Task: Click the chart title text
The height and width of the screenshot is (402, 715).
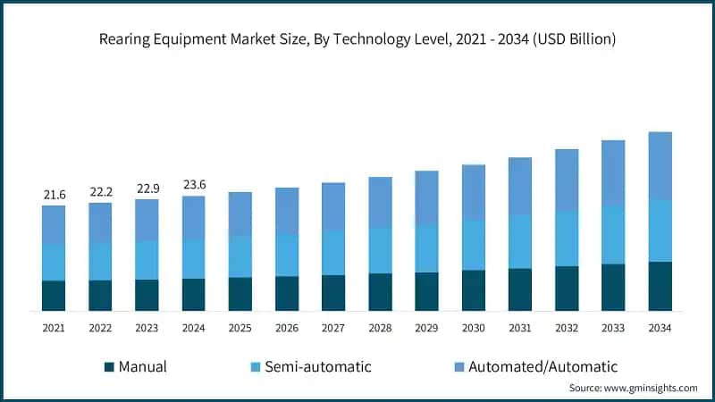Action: point(357,38)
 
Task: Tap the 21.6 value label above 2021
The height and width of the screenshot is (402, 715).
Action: point(54,194)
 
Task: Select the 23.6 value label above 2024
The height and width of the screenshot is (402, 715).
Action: point(194,185)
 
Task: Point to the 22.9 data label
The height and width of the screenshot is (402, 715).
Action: point(147,188)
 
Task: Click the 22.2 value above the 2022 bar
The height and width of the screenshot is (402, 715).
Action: point(100,191)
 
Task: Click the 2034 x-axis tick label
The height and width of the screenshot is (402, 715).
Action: point(660,328)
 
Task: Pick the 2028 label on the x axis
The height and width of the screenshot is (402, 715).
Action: point(380,328)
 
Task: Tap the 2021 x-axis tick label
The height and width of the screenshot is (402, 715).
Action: point(54,328)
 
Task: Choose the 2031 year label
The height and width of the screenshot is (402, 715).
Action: point(519,328)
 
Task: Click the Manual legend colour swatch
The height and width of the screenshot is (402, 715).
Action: point(110,366)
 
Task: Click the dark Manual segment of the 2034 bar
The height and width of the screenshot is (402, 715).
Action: point(660,286)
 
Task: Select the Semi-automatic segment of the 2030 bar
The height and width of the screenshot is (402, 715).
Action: point(473,245)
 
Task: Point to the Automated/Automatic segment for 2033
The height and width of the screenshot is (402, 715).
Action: point(613,172)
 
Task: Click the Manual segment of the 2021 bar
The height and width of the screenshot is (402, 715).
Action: point(54,296)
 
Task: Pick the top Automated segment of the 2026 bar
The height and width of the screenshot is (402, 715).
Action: point(287,211)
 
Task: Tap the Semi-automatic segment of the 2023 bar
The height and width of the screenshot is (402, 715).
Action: point(147,260)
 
